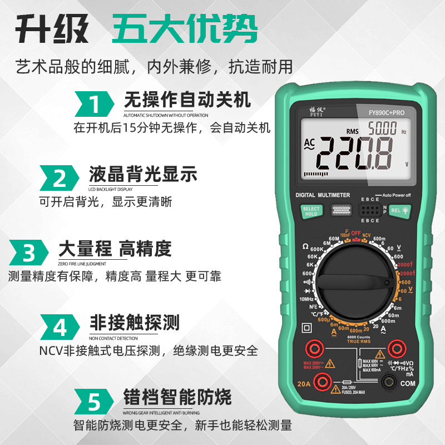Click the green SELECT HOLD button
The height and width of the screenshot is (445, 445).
pos(311,211)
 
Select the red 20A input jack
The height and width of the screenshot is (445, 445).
pos(320,381)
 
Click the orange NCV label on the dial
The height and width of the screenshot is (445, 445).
pos(367,236)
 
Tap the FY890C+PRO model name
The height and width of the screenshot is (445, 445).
pos(386,112)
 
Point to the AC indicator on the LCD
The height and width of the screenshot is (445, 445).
pos(309,145)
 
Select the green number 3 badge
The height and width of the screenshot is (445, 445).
pos(29,253)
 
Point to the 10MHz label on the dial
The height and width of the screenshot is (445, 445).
pos(307,299)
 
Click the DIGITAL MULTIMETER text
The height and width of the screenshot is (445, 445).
pos(323,195)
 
